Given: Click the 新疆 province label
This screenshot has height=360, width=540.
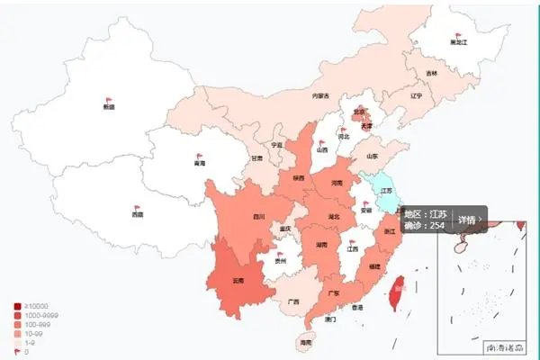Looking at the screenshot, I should tap(109, 107).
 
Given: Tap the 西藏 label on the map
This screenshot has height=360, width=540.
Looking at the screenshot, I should tap(137, 215).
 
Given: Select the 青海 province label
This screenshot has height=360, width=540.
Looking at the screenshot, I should tap(199, 164).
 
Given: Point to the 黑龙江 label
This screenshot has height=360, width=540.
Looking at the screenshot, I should tap(460, 42).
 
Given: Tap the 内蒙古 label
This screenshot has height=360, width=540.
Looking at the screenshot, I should tap(320, 95).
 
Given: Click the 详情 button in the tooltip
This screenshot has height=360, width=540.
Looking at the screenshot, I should tap(468, 219).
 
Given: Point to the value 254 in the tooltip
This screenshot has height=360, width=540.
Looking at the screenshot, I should tap(438, 225).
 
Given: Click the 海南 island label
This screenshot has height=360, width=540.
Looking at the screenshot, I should tap(305, 343).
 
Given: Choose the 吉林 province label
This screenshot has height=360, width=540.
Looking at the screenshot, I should tap(432, 73).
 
